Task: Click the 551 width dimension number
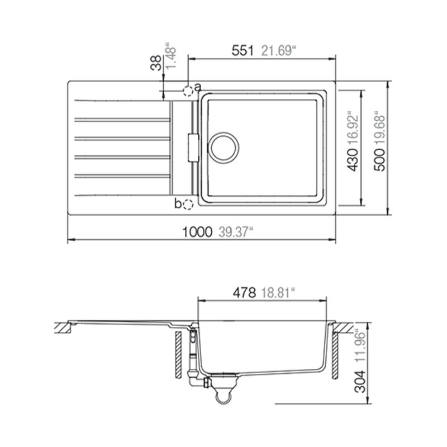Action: point(242,51)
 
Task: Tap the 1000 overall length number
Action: point(197,232)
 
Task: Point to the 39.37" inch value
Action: point(236,232)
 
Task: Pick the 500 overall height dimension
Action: point(380,160)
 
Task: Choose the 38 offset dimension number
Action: point(156,63)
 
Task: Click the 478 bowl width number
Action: point(244,293)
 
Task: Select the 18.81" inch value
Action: point(278,293)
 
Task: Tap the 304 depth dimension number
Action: point(361,382)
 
